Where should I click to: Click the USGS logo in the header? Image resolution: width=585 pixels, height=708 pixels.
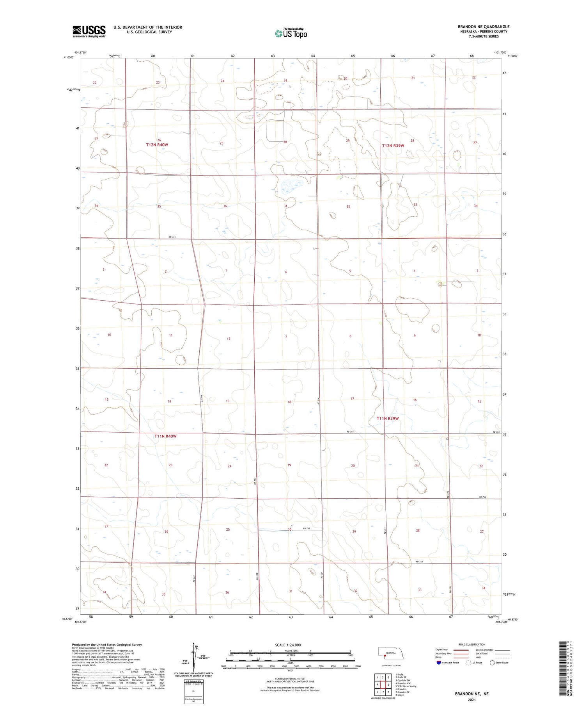click(x=89, y=31)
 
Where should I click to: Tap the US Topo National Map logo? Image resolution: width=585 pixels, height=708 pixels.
click(x=291, y=33)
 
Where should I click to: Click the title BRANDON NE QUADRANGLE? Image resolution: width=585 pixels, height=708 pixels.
click(x=484, y=27)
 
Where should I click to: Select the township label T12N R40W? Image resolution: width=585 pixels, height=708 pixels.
click(x=157, y=145)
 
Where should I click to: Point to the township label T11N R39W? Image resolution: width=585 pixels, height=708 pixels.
click(x=388, y=418)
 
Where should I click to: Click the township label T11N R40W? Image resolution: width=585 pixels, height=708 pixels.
click(x=165, y=436)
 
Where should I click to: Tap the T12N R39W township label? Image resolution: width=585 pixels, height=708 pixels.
click(x=393, y=146)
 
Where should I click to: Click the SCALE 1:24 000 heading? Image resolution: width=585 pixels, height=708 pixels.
click(x=288, y=645)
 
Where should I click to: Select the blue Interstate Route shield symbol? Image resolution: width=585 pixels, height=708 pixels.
click(x=439, y=663)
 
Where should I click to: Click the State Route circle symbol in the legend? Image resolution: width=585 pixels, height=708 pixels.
click(x=492, y=663)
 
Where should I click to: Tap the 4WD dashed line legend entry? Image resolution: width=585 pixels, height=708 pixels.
click(x=505, y=657)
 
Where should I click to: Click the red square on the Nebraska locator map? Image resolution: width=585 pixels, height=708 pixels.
click(x=385, y=656)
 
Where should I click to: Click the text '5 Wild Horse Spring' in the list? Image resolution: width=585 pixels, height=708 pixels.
click(x=406, y=686)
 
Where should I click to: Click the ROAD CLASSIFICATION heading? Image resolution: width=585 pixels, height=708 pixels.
click(x=472, y=644)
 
